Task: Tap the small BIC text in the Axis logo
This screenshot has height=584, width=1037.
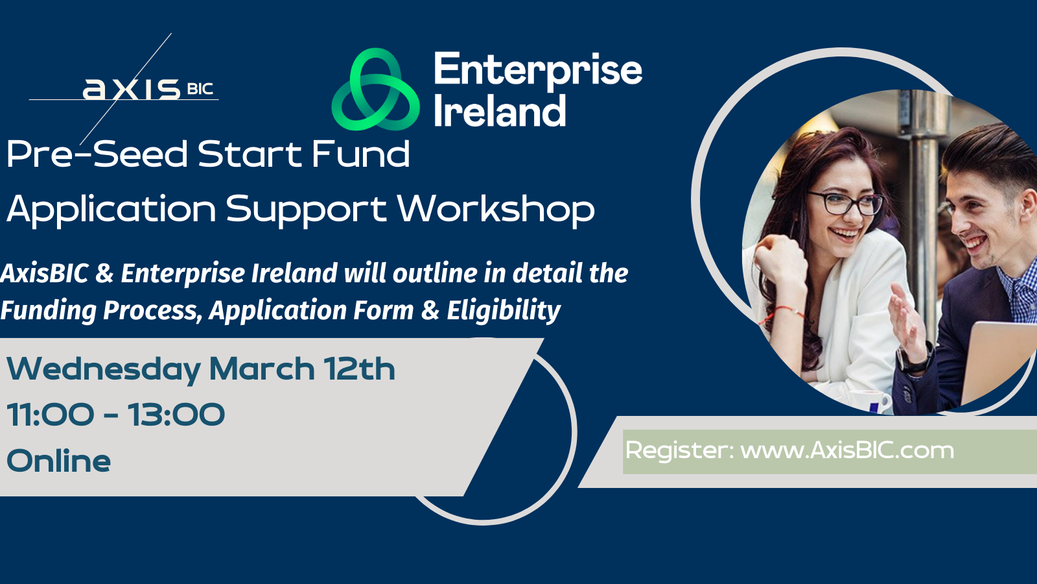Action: point(200,88)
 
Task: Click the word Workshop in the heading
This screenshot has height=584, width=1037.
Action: point(496,210)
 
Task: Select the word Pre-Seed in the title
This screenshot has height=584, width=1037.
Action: point(97,154)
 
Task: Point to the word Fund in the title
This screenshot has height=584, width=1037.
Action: point(360,154)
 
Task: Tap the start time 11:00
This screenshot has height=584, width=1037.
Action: point(51,415)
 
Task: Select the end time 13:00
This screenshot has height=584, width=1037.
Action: point(176,415)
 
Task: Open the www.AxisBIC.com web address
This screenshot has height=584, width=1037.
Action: point(847,450)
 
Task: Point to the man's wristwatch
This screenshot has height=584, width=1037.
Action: point(916,359)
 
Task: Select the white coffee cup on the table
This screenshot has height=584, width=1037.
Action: point(871,402)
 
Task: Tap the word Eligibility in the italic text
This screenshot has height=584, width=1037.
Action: point(504,311)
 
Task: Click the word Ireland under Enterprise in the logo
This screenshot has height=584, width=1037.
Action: point(500,110)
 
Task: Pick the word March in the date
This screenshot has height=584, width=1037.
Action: point(262,369)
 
